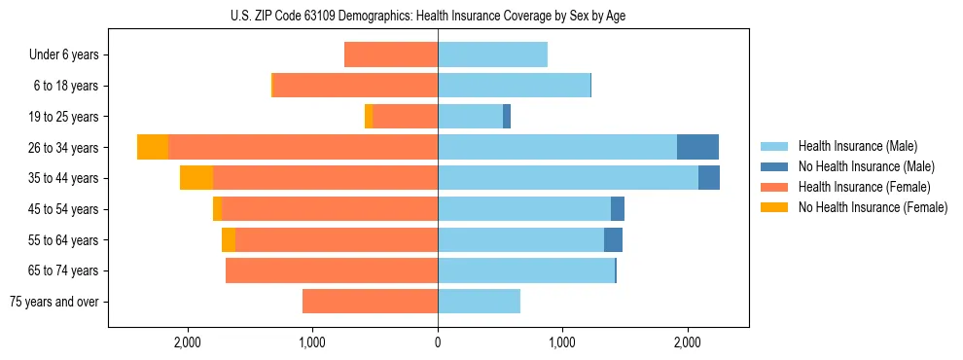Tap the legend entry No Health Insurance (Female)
(873, 207)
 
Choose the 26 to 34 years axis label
(65, 148)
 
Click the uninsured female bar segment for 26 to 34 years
(153, 147)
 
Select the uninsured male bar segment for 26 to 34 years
(697, 147)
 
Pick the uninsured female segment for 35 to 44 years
(196, 178)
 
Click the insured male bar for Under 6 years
(492, 55)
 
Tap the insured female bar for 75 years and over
(370, 302)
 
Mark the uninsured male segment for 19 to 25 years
(507, 117)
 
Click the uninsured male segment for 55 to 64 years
(613, 239)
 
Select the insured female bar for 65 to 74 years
(331, 270)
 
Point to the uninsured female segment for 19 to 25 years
(369, 117)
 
